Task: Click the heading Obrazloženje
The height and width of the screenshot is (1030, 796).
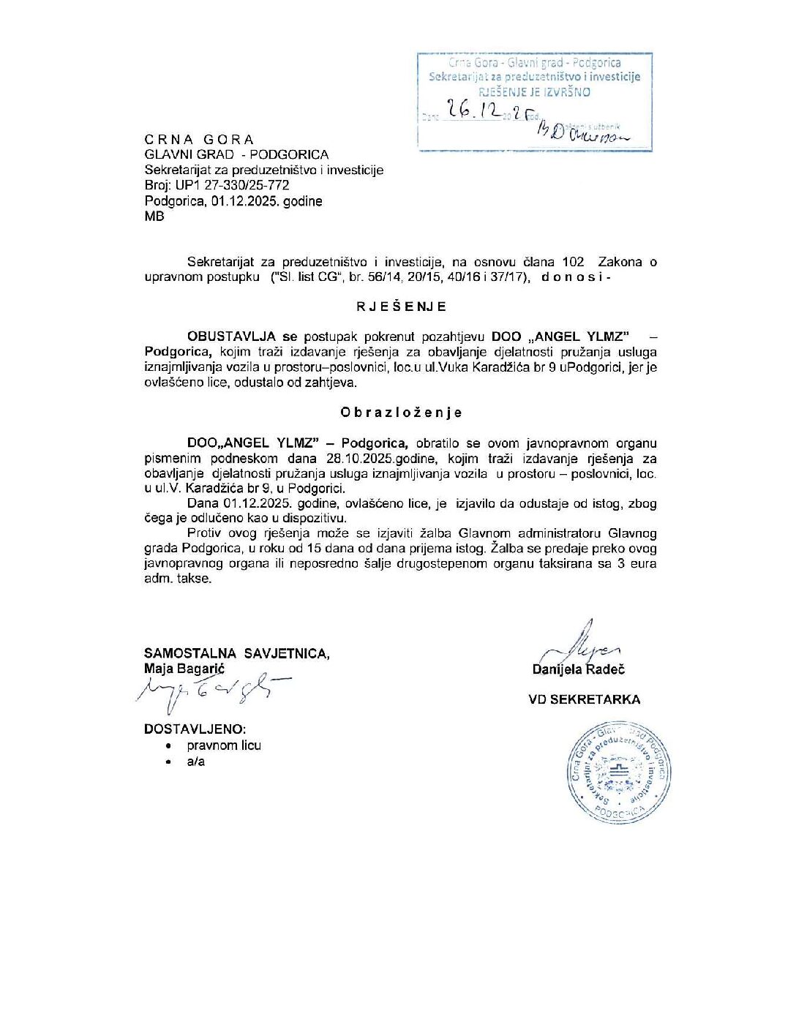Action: [401, 413]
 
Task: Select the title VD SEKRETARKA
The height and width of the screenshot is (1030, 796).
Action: [584, 700]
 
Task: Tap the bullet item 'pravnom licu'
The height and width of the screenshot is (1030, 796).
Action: [224, 745]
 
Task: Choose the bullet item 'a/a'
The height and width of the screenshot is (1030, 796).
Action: [196, 762]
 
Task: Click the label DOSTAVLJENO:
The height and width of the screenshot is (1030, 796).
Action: [195, 729]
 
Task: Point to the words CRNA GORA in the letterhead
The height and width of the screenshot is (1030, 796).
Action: [199, 140]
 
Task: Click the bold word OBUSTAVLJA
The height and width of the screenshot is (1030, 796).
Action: [231, 337]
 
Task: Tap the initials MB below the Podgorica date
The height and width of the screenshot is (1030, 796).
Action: [154, 217]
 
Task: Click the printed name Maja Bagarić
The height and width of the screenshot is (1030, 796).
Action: [184, 668]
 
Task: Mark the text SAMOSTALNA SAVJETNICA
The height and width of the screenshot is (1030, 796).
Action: [236, 653]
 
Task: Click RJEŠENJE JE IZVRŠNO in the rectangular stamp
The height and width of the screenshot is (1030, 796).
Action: [534, 92]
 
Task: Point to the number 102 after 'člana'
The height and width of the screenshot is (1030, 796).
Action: [573, 262]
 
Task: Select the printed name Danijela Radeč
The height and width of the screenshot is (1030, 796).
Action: [579, 669]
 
